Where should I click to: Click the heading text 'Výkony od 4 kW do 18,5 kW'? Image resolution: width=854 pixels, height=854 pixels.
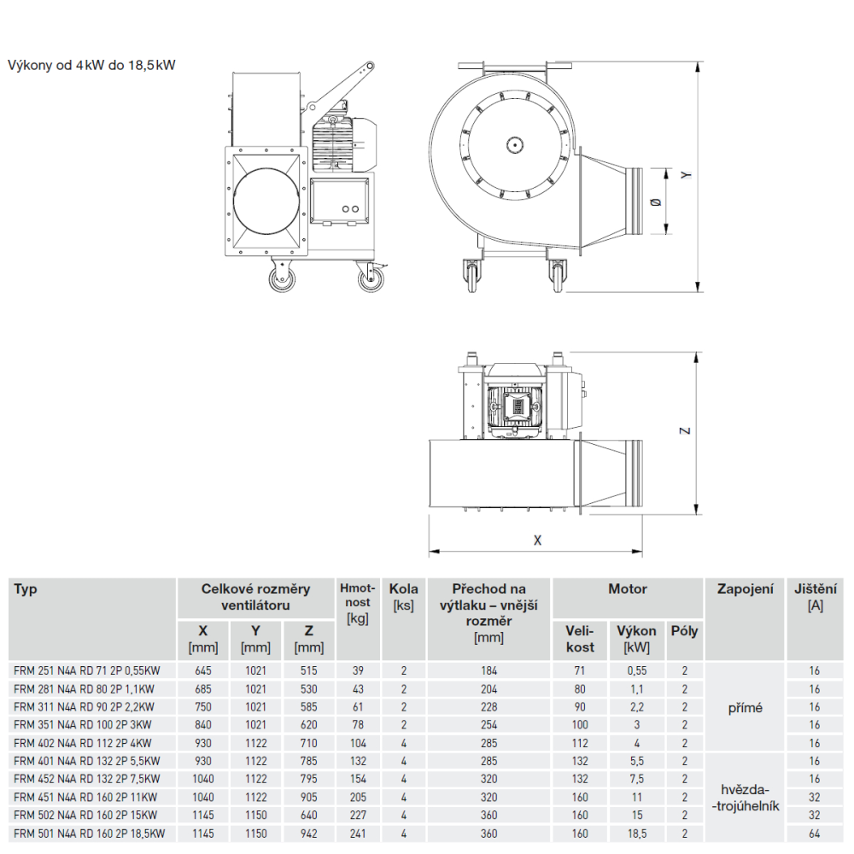click(x=91, y=66)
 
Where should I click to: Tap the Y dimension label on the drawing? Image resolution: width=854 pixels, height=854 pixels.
click(x=687, y=175)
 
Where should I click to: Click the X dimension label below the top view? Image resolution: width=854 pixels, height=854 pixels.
click(x=537, y=541)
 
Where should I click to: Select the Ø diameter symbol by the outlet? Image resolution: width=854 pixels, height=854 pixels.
click(x=656, y=202)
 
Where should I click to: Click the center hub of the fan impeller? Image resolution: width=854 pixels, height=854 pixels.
click(x=514, y=145)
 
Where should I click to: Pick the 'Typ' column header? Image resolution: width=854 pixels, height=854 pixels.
click(x=26, y=589)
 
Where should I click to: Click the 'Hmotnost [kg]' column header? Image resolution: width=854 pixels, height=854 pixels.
click(x=358, y=604)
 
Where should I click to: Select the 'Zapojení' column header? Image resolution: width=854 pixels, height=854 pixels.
click(x=745, y=589)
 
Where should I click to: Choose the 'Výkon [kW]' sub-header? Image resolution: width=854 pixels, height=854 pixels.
click(x=636, y=639)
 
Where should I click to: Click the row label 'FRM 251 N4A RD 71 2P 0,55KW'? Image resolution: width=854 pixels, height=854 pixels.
click(x=87, y=671)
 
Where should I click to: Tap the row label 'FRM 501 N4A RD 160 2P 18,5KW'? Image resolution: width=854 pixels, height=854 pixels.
click(x=90, y=834)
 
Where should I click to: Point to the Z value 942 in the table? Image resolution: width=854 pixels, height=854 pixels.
click(x=309, y=834)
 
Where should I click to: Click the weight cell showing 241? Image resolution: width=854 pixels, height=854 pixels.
click(x=358, y=834)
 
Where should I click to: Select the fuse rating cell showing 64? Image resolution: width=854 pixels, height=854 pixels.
click(x=814, y=834)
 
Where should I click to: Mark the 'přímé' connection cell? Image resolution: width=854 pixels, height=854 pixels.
click(x=745, y=708)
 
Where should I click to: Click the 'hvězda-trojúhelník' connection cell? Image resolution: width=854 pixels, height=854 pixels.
click(x=745, y=798)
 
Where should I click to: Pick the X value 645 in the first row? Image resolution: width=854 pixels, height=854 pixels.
click(x=203, y=671)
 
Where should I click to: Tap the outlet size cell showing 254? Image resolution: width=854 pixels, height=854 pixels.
click(x=488, y=725)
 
